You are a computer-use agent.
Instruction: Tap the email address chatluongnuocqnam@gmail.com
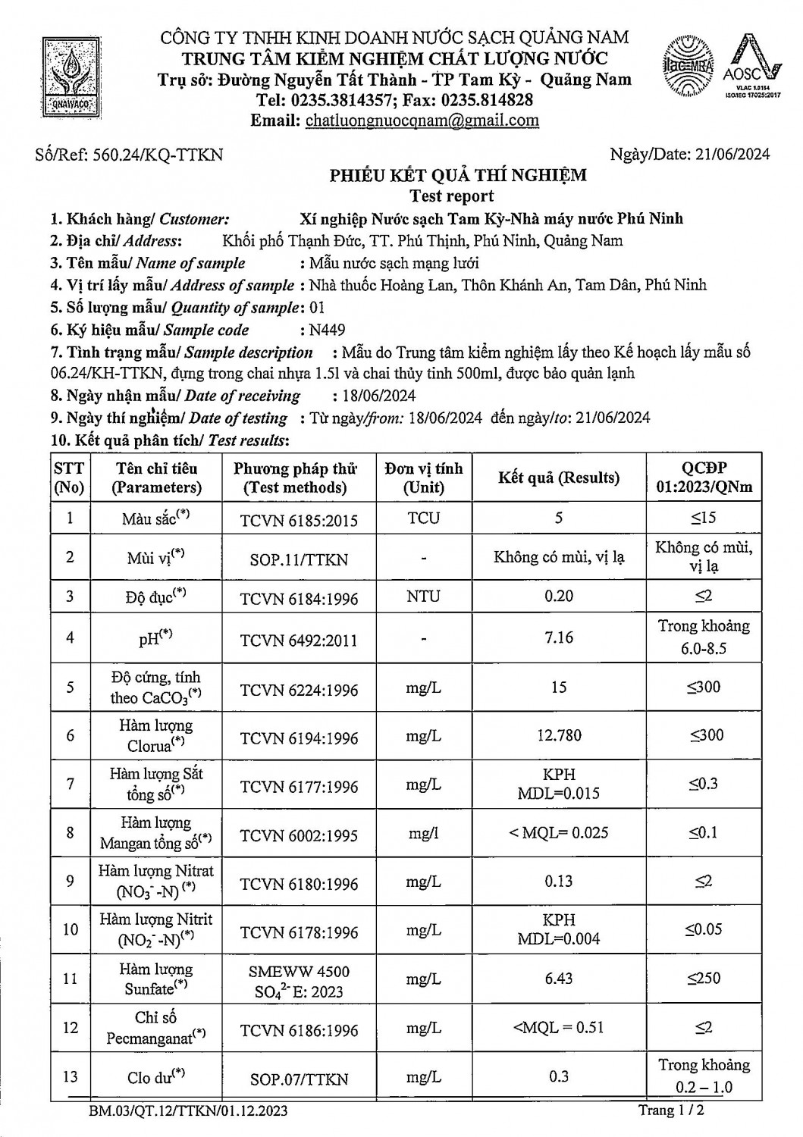[422, 120]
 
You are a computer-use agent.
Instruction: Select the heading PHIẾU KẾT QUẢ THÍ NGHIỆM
[457, 176]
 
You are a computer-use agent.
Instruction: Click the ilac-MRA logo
[689, 66]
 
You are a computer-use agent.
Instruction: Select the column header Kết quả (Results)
[559, 478]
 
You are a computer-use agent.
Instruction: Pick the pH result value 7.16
[559, 637]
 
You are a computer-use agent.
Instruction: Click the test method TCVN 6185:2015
[299, 519]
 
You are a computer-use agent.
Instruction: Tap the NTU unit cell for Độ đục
[423, 597]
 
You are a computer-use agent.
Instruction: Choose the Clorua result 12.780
[559, 735]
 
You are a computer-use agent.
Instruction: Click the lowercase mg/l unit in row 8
[423, 833]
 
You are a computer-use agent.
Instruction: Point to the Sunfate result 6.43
[559, 979]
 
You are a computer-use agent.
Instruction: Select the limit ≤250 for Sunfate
[704, 979]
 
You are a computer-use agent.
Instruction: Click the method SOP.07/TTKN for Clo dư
[299, 1079]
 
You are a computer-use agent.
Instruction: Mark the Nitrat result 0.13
[559, 882]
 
